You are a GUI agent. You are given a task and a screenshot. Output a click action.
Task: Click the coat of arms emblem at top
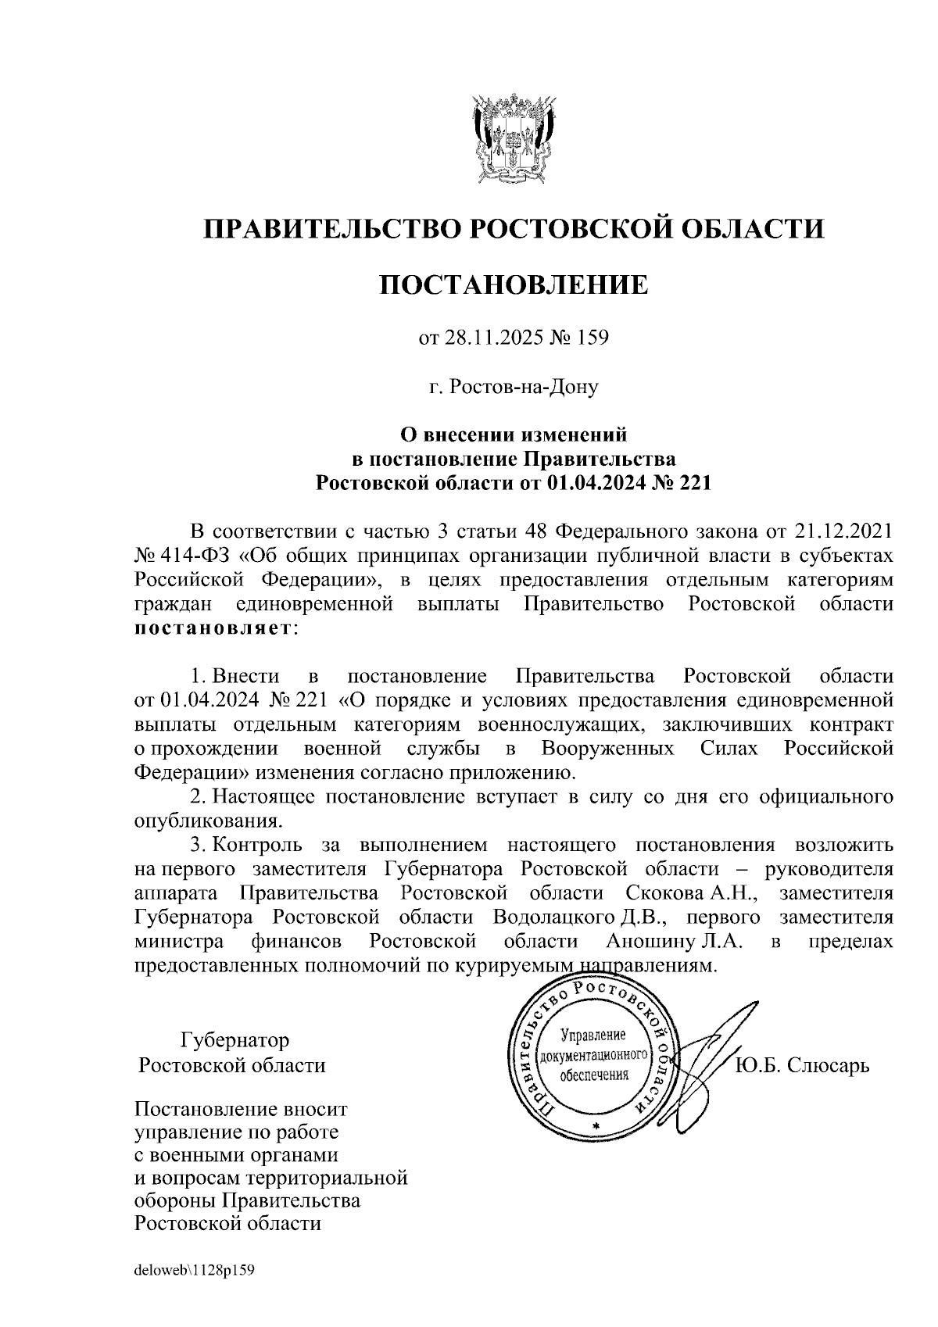pyautogui.click(x=514, y=138)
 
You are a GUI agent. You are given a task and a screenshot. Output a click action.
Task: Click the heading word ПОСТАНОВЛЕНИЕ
pyautogui.click(x=514, y=285)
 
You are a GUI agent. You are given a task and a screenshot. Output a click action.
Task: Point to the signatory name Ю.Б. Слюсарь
pyautogui.click(x=803, y=1065)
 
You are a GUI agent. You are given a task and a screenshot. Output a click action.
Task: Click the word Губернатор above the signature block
pyautogui.click(x=234, y=1040)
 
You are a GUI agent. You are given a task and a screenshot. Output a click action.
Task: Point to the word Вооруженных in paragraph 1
pyautogui.click(x=607, y=749)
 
